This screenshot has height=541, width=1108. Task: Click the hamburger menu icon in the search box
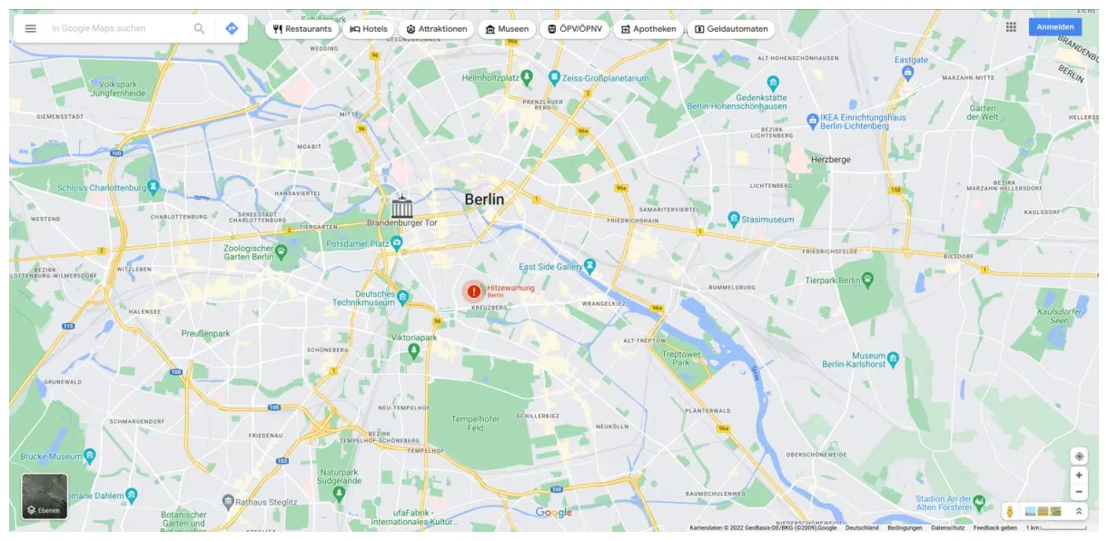point(30,28)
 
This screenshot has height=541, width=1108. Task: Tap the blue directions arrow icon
point(232,28)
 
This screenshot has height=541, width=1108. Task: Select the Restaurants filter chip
point(302,29)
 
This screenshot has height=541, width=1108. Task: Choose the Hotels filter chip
point(369,29)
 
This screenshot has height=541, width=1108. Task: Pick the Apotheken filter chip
point(648,29)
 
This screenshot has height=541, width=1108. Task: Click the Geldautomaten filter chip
point(731,29)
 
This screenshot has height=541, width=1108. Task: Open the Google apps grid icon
point(1011,27)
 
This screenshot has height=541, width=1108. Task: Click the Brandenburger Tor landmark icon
point(401,205)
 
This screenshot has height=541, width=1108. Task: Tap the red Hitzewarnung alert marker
point(473,291)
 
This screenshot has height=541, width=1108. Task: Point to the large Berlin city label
point(484,199)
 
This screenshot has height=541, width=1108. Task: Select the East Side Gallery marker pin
point(590,266)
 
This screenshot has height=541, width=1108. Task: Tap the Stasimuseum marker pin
point(734,219)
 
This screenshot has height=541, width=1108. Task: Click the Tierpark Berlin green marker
point(868,280)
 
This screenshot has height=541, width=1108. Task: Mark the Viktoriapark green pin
point(414,349)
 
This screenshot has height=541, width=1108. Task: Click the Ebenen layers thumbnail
point(45,496)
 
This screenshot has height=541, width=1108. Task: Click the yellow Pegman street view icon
point(1009,512)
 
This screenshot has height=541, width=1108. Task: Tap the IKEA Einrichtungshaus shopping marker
point(813,120)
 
